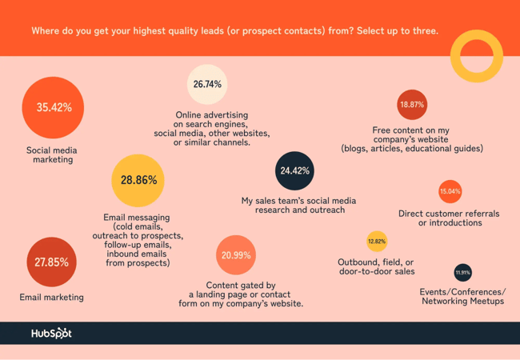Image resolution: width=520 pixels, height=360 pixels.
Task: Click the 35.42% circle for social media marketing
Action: coord(53,107)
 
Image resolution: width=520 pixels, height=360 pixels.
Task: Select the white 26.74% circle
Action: coord(207,85)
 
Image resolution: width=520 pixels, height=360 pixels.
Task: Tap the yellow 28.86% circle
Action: coord(138,181)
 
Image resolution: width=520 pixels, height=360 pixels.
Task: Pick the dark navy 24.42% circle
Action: coord(294,170)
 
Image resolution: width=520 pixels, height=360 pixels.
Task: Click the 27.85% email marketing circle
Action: coord(52,262)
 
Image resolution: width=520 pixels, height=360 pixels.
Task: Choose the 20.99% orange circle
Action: coord(235,255)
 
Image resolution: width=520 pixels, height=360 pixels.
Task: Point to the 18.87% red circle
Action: coord(412,105)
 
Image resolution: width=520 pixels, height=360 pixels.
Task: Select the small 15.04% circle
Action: coord(450,192)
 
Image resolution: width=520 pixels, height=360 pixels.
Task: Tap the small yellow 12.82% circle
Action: coord(376,241)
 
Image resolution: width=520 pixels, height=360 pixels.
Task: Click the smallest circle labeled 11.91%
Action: coord(462,273)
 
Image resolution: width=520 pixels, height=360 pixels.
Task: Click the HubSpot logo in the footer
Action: coord(51,333)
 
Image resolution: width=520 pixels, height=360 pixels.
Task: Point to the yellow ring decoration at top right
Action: coord(476,56)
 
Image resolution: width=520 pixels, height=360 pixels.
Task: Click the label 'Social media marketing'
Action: coord(52,154)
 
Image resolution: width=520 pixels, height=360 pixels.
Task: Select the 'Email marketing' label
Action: coord(51,297)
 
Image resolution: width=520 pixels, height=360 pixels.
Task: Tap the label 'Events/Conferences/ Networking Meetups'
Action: coord(462,296)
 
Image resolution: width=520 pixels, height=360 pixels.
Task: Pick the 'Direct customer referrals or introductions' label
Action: coord(449,218)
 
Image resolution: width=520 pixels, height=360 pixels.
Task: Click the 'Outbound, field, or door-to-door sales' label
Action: coord(376,266)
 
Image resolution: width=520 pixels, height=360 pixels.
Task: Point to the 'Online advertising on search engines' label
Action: coord(212,129)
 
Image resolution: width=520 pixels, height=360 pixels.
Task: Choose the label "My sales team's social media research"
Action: coord(298,205)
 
